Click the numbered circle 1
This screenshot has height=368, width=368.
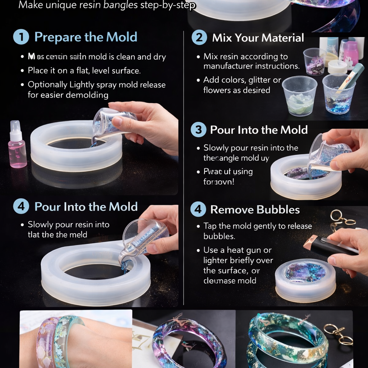[21, 37]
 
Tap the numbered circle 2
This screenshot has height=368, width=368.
[199, 38]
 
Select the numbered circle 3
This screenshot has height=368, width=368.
[198, 130]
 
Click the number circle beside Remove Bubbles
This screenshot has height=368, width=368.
[198, 210]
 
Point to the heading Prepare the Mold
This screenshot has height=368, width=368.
[86, 37]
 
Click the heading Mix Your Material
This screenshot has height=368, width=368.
[258, 38]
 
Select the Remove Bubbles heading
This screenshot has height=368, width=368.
[255, 210]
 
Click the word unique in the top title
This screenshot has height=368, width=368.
[58, 5]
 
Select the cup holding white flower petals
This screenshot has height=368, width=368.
[299, 96]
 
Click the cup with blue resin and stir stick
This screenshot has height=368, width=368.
[339, 94]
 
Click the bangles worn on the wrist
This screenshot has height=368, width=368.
[59, 341]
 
